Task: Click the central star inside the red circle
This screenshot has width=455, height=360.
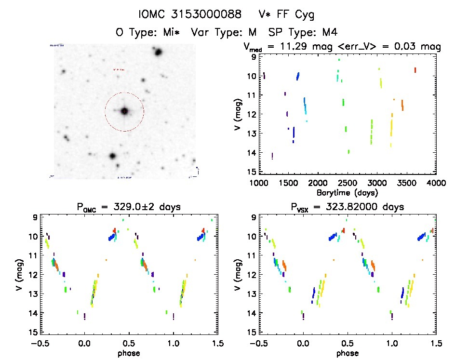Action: coord(124,111)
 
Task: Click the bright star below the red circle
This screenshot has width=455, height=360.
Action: coord(112,156)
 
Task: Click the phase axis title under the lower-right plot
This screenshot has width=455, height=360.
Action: coord(347,353)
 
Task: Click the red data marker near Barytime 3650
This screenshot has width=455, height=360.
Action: coord(415,70)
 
